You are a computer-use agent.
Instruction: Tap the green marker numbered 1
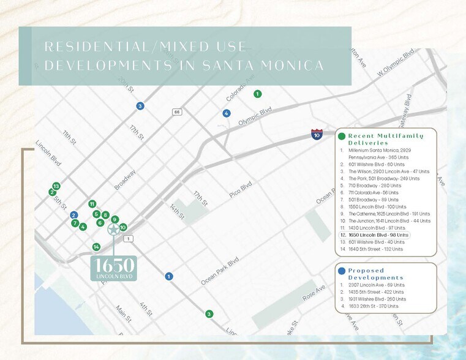coord(258,94)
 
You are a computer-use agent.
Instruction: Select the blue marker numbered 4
coord(227,113)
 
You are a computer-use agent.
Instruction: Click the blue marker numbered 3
coord(140,106)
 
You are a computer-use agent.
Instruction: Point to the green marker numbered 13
coord(56,186)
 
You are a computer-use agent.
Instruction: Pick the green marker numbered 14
coord(96,247)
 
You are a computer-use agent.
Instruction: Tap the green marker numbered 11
coord(92,204)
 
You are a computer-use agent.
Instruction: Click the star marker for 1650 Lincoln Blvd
coord(113,230)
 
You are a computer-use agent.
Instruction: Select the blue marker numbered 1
coord(168,277)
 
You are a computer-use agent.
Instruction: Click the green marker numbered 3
coord(209,314)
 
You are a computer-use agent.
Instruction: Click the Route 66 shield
coord(177,112)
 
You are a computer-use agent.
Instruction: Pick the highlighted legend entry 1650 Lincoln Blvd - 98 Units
coord(374,234)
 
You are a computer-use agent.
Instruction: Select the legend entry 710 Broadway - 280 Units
coord(370,185)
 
